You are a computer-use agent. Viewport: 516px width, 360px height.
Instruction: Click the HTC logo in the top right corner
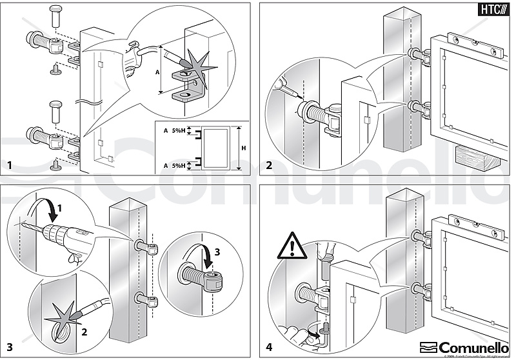pyautogui.click(x=493, y=10)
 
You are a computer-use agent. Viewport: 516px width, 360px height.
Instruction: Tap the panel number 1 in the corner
pyautogui.click(x=10, y=166)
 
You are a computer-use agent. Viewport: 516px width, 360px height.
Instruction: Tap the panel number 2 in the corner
pyautogui.click(x=268, y=165)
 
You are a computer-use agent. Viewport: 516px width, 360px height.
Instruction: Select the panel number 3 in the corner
pyautogui.click(x=10, y=348)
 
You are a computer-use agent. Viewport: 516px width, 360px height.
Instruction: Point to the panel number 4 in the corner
pyautogui.click(x=268, y=348)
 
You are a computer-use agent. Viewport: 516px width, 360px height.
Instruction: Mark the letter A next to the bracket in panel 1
pyautogui.click(x=158, y=72)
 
